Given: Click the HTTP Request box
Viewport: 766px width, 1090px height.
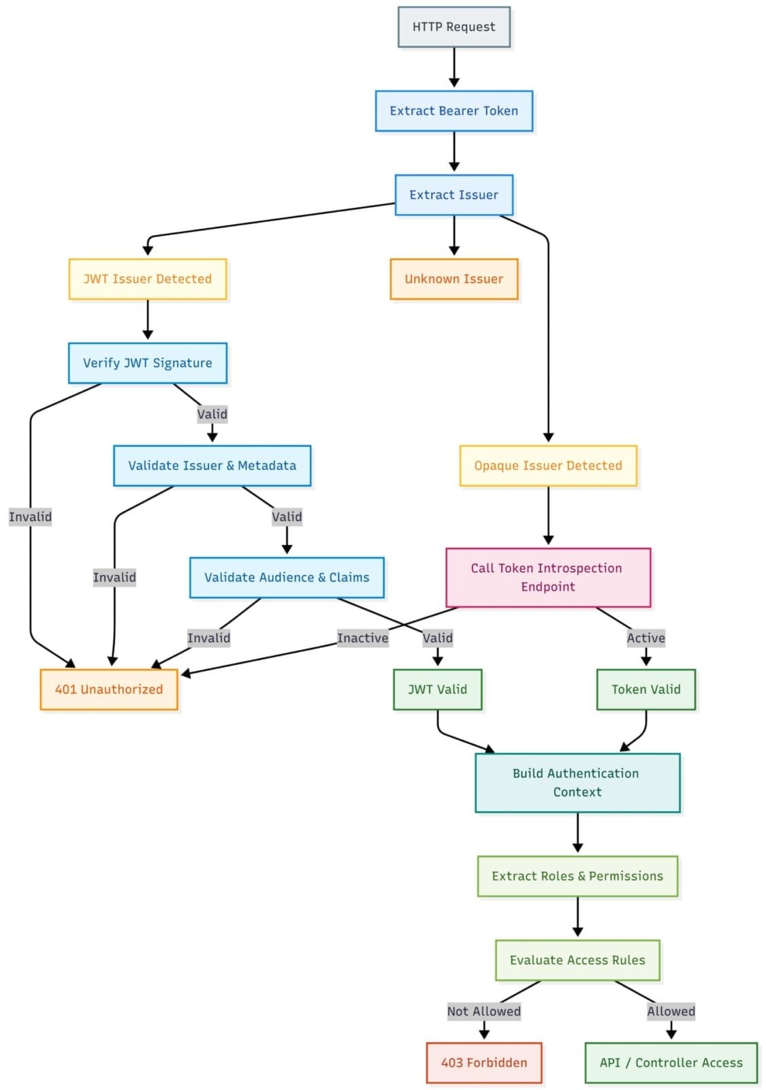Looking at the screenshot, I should pos(453,27).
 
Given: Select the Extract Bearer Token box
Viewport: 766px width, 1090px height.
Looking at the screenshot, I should pos(453,111).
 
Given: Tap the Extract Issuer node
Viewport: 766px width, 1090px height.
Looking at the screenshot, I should pos(453,195).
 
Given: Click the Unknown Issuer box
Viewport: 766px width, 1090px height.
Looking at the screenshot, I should pos(453,279).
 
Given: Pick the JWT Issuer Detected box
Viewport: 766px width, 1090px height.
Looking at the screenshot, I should pos(147,279).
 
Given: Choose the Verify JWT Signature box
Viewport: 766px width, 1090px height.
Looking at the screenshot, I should pos(147,363).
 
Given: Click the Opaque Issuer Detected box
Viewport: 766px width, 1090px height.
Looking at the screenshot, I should pos(548,466).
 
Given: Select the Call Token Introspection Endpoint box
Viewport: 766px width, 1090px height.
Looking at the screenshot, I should pos(548,578).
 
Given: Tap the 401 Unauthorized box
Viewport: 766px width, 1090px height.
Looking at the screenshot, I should pos(109,689).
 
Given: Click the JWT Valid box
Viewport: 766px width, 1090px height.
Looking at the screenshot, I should pos(437,689).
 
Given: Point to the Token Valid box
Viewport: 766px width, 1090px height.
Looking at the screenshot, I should pos(645,689).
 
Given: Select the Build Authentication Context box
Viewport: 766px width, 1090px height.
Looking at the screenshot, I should pos(577,783).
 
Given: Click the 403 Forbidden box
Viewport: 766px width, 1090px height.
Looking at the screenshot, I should pos(483,1063).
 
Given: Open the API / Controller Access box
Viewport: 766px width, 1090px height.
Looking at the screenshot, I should pos(671,1063).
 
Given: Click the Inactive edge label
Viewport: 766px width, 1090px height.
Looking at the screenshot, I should pos(363,638).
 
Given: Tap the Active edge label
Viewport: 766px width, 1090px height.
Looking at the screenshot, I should pos(645,638).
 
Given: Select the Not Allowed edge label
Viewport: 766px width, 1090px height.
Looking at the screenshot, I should pos(483,1012).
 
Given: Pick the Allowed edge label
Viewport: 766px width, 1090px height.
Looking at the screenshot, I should pos(671,1012).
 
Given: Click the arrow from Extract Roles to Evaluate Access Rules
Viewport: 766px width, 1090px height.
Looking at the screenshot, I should pos(577,917).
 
